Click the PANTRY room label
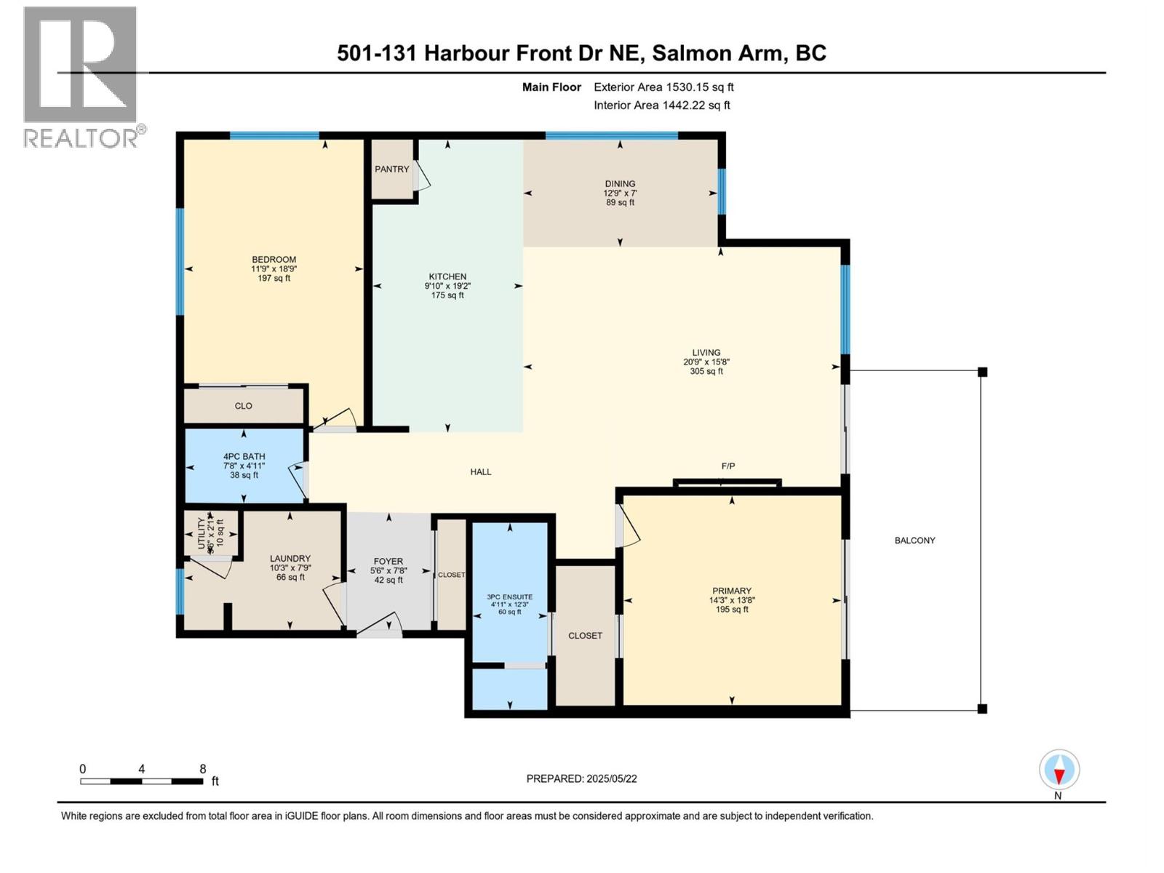(391, 169)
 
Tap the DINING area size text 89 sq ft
(620, 203)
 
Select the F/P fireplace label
(727, 466)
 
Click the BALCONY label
(914, 540)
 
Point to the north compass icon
(1059, 770)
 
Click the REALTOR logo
(81, 76)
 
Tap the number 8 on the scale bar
(203, 769)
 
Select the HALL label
(480, 471)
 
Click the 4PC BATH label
(244, 456)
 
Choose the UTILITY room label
(201, 534)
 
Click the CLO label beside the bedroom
(243, 406)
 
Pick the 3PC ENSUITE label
(509, 597)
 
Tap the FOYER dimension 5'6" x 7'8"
(388, 571)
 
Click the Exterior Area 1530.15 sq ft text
(663, 87)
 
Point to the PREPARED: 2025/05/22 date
(581, 778)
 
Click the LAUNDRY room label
(290, 558)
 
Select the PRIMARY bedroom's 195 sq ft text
(731, 610)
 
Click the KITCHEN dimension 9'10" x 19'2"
(447, 286)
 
